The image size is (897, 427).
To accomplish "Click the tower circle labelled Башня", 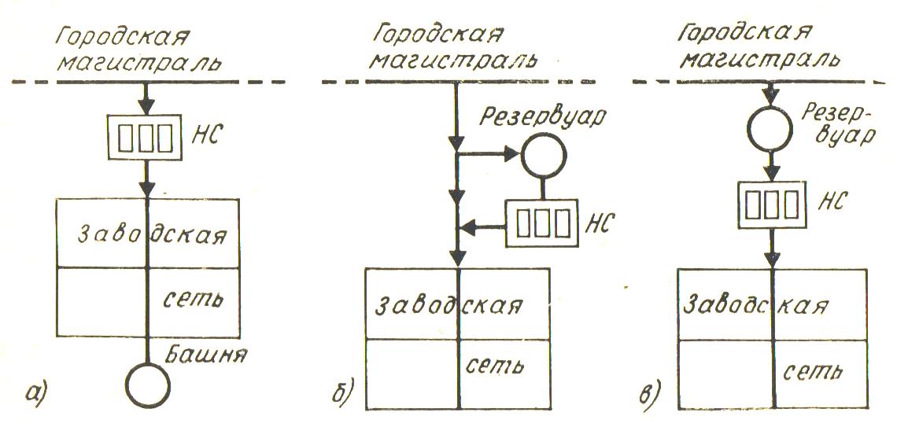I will click(148, 384).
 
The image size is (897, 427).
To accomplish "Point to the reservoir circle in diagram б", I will click(543, 156).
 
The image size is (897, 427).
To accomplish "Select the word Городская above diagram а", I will click(124, 35).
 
